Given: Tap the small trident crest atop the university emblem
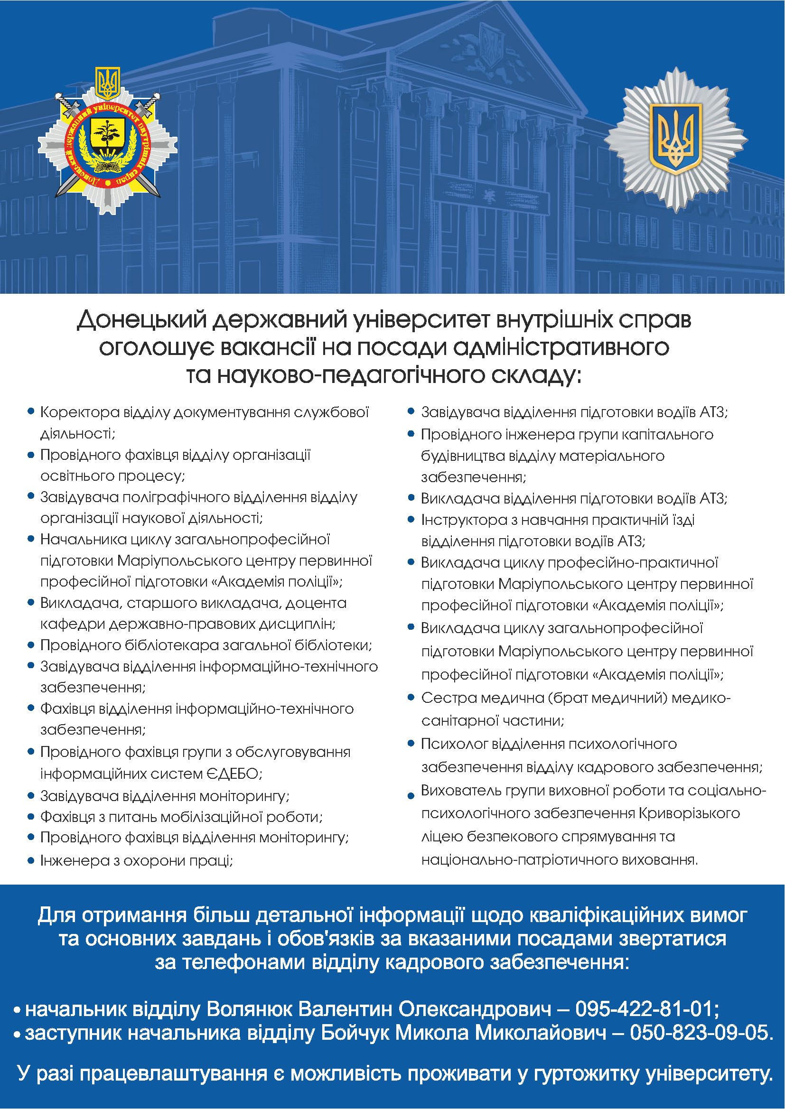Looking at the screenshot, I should pyautogui.click(x=107, y=83).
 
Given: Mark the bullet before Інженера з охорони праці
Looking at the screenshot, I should pyautogui.click(x=31, y=860).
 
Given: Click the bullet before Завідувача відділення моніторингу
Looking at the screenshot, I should pyautogui.click(x=31, y=795).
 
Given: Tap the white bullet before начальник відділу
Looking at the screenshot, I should pyautogui.click(x=17, y=1010).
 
